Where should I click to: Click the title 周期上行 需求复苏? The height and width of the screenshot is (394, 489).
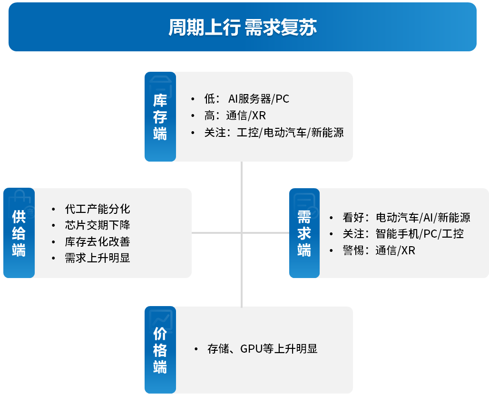pyautogui.click(x=243, y=27)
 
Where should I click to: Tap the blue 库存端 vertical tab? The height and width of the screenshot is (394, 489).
pyautogui.click(x=160, y=116)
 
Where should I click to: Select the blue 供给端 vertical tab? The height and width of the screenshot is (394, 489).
pyautogui.click(x=19, y=233)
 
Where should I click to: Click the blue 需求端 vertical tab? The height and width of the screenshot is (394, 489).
pyautogui.click(x=304, y=233)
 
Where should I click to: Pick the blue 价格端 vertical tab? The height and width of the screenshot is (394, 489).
pyautogui.click(x=160, y=350)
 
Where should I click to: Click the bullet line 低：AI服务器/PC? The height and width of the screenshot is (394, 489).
pyautogui.click(x=247, y=99)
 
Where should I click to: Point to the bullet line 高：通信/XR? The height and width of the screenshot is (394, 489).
pyautogui.click(x=235, y=115)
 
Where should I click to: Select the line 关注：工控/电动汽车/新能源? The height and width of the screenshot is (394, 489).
pyautogui.click(x=274, y=133)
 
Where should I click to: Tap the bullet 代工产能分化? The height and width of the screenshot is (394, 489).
pyautogui.click(x=98, y=209)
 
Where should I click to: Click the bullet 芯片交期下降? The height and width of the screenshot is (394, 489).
pyautogui.click(x=98, y=225)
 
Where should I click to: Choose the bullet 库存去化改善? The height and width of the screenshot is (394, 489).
pyautogui.click(x=98, y=241)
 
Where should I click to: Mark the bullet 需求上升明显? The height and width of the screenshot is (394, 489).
pyautogui.click(x=98, y=258)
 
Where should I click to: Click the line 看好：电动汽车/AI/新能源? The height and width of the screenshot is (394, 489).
pyautogui.click(x=406, y=217)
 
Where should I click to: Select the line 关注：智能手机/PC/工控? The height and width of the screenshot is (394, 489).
pyautogui.click(x=403, y=234)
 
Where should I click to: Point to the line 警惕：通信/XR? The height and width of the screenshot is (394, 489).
pyautogui.click(x=379, y=250)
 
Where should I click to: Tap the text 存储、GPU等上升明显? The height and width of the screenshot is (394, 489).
pyautogui.click(x=262, y=348)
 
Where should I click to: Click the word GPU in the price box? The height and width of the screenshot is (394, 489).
pyautogui.click(x=251, y=349)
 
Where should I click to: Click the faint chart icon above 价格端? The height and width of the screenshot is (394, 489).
pyautogui.click(x=161, y=320)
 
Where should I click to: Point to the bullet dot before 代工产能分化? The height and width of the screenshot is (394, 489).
pyautogui.click(x=54, y=209)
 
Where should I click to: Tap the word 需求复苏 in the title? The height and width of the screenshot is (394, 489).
pyautogui.click(x=281, y=27)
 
